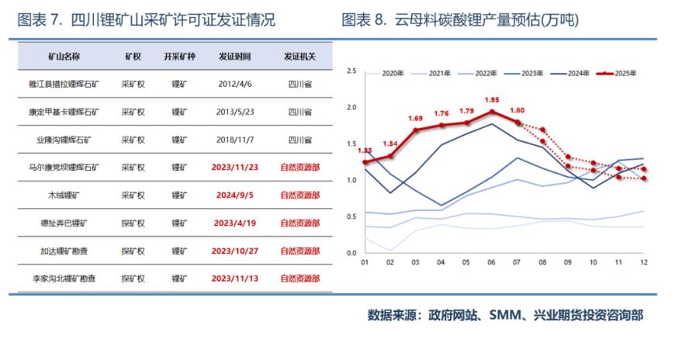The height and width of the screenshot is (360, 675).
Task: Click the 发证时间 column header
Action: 234,57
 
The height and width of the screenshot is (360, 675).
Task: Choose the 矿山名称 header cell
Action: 64,57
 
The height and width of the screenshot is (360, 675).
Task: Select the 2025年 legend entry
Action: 621,73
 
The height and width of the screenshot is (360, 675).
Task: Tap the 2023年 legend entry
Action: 527,73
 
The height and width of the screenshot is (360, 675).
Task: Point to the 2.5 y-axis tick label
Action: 351,71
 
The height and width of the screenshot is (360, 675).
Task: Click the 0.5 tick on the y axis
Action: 351,216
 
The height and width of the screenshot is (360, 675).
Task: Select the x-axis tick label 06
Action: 491,263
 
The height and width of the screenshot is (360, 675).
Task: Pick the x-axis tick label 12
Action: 644,263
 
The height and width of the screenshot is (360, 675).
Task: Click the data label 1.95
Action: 491,100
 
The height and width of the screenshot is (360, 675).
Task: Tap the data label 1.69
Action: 415,118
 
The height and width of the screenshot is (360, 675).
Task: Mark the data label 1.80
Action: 517,110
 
